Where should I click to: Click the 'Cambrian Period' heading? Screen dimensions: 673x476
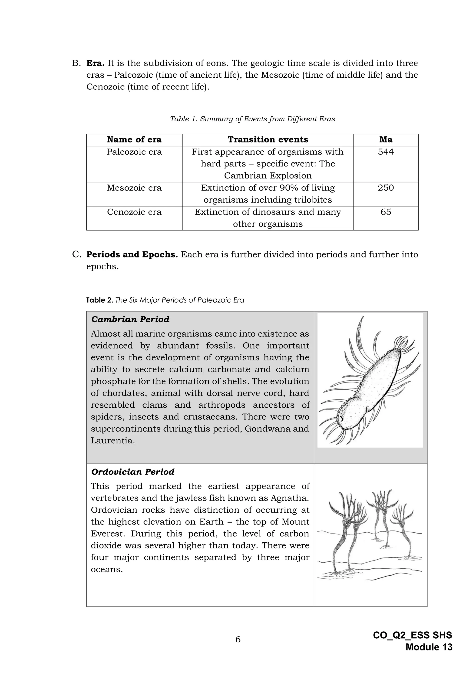tap(130, 319)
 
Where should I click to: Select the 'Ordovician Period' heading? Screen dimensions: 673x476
tap(132, 472)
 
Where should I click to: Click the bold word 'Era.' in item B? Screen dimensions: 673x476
tap(95, 63)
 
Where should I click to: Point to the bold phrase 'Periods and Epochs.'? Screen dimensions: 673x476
tap(132, 254)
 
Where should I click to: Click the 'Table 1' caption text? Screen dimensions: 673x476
tap(252, 119)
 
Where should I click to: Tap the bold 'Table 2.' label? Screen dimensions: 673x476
tap(99, 300)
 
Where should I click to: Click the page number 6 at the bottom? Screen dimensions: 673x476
tap(238, 639)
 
